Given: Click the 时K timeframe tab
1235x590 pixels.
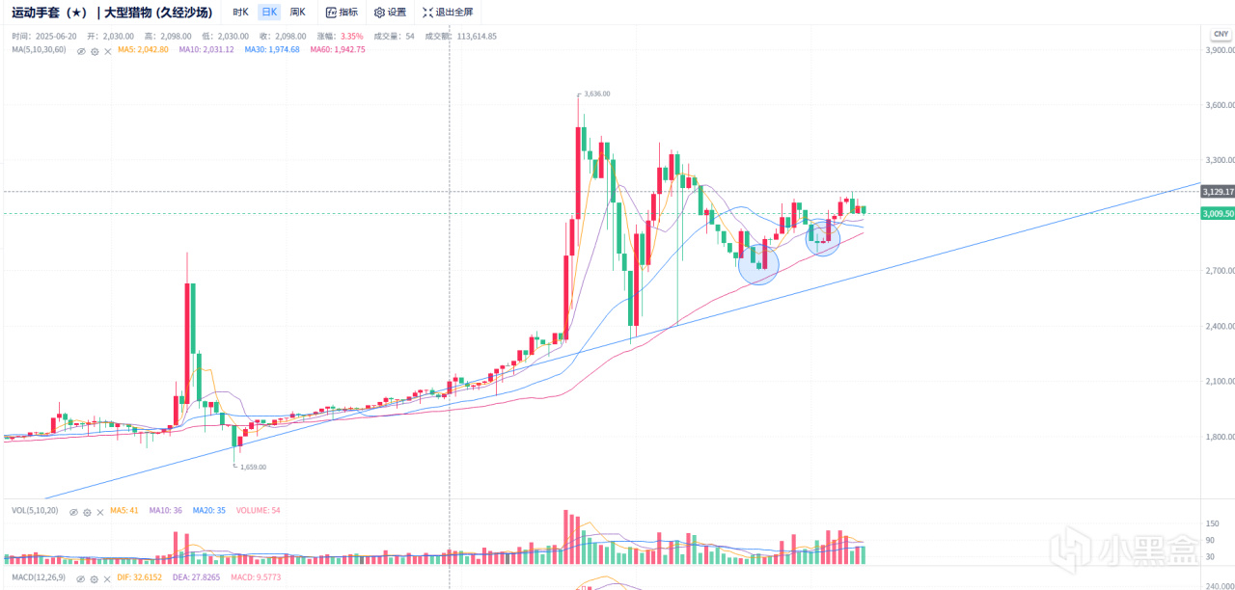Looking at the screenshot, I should (240, 13).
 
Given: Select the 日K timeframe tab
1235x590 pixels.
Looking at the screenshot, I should (269, 13).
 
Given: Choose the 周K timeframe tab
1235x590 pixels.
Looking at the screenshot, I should (298, 13).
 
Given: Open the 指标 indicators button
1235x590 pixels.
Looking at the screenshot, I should (342, 13).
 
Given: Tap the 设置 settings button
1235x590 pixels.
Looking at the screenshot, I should (390, 13).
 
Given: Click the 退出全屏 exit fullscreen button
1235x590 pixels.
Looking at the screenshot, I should (448, 13).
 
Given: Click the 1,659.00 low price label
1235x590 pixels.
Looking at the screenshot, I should (252, 467).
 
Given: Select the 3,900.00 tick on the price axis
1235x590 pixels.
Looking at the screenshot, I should (1221, 50).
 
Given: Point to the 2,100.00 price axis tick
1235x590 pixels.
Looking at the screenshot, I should (1221, 382).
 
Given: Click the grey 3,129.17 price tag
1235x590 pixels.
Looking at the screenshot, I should (1218, 192).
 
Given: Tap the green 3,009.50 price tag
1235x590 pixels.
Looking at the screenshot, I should (1218, 213).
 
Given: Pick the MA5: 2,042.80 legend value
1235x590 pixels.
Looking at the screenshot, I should (143, 49).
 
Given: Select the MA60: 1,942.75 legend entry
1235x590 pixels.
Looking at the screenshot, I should (338, 49).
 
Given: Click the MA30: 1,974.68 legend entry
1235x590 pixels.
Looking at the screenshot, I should (272, 49).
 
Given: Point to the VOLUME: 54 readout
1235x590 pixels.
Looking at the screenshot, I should (259, 510).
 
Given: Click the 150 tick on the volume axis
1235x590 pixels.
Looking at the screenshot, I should (1211, 523).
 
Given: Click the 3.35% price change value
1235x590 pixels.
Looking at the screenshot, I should (352, 36).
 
